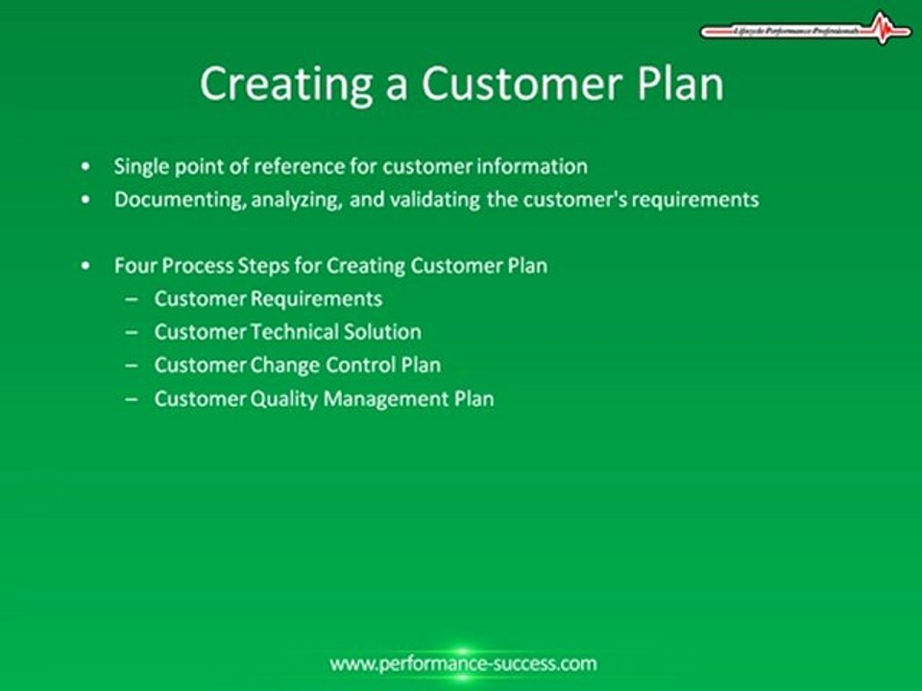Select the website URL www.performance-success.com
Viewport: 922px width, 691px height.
tap(462, 663)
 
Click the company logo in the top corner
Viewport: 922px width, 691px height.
tap(806, 29)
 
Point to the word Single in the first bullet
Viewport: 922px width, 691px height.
tap(140, 166)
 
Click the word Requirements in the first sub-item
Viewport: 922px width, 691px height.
tap(316, 298)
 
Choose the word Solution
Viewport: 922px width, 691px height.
tap(384, 332)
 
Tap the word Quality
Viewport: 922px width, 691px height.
tap(283, 398)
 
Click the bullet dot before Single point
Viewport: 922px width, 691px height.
tap(88, 167)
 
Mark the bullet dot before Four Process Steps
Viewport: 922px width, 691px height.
tap(88, 266)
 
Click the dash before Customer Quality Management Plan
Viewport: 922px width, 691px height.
tap(132, 398)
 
